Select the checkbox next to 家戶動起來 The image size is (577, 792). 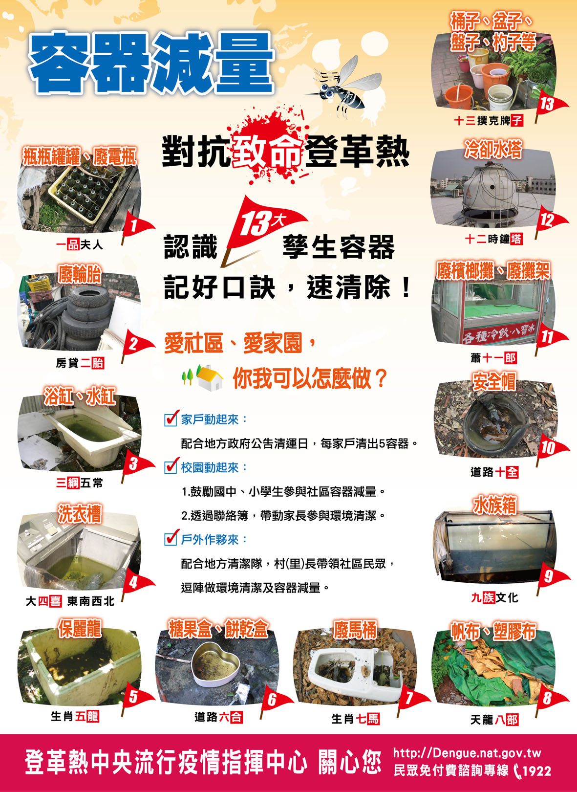171,419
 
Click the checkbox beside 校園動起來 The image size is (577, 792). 171,467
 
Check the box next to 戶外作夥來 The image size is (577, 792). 171,539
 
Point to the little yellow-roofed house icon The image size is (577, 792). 210,377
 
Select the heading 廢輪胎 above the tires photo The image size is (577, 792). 80,275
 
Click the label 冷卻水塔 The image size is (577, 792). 493,149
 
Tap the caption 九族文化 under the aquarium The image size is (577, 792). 494,597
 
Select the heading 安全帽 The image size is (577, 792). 494,381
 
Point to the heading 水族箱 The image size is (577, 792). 494,505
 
